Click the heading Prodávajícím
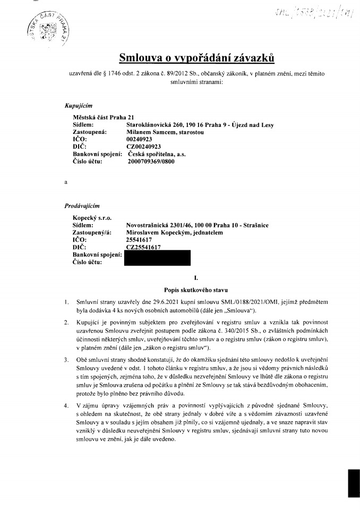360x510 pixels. tap(82, 205)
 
